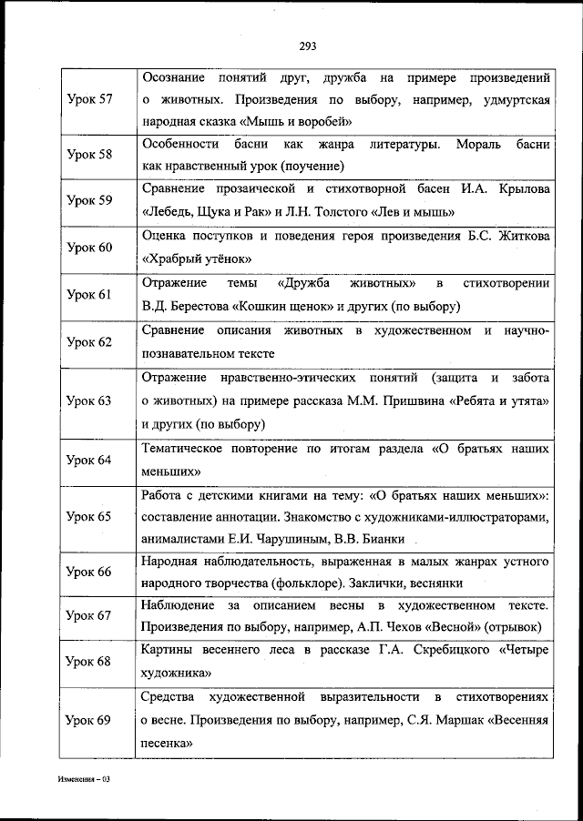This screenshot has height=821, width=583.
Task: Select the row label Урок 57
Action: (89, 98)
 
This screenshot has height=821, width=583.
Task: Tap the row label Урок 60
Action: (89, 248)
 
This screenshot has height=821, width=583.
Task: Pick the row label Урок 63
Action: (89, 400)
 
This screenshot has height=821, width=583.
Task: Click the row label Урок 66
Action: (89, 572)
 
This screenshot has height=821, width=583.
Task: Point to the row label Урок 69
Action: (89, 721)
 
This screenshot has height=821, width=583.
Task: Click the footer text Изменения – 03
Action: (83, 780)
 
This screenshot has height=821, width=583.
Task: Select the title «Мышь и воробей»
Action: (299, 121)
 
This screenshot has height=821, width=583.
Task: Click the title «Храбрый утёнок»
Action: (197, 258)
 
